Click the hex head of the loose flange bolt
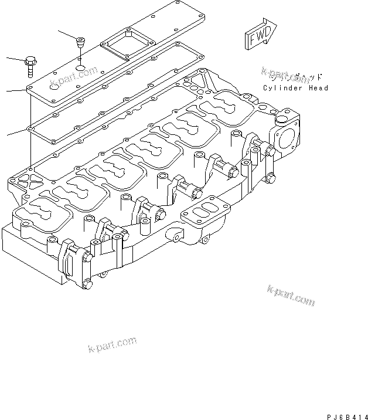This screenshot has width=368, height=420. [x=30, y=61]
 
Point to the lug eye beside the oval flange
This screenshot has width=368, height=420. [x=176, y=237]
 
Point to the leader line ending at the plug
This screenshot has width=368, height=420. [x=67, y=33]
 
